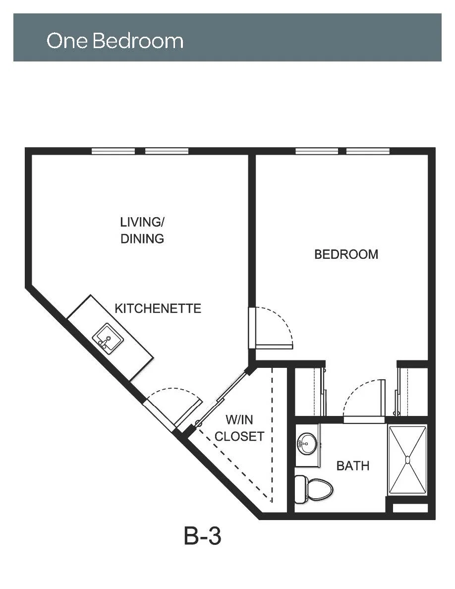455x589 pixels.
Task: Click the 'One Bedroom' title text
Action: (x=115, y=41)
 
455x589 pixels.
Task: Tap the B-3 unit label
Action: (x=202, y=536)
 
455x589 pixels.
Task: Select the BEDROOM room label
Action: (x=346, y=254)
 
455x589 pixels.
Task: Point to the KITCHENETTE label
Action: (x=158, y=308)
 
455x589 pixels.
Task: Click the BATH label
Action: (x=353, y=466)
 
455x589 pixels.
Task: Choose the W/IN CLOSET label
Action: (x=239, y=428)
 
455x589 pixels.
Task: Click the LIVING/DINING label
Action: (x=142, y=230)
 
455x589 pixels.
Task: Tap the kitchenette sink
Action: (x=108, y=339)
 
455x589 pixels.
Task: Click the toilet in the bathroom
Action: (x=314, y=489)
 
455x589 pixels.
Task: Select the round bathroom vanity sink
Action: (x=307, y=444)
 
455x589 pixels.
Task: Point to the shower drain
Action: (x=408, y=459)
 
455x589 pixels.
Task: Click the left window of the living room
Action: (x=114, y=151)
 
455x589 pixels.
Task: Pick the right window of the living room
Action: (x=167, y=151)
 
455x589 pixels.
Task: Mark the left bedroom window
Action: (x=317, y=151)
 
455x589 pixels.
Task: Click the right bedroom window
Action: (x=368, y=151)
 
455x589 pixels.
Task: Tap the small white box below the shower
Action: (x=410, y=508)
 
